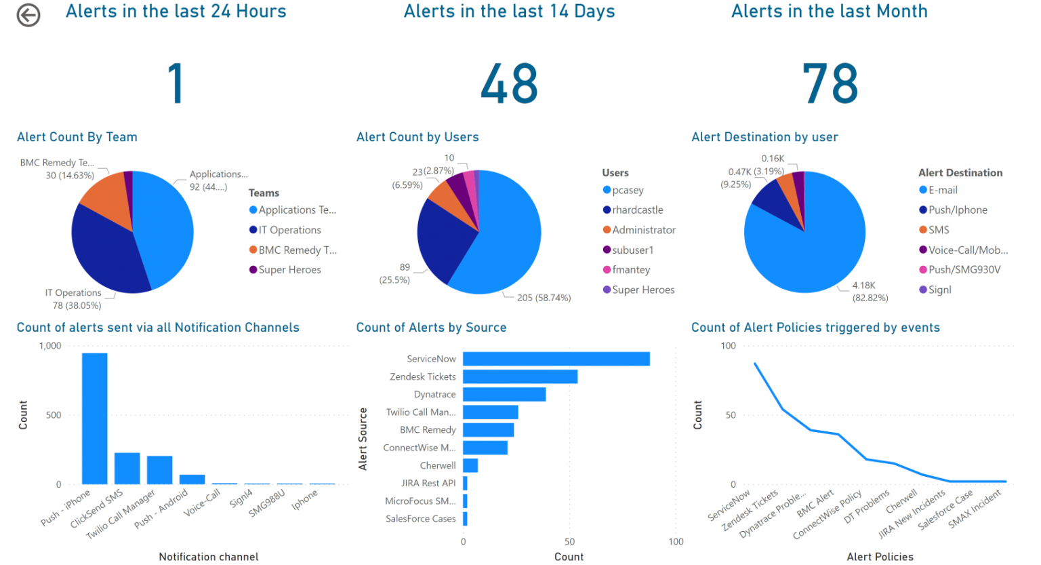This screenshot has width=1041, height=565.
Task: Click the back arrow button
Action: (x=28, y=15)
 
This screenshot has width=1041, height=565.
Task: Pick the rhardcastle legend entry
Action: (x=637, y=210)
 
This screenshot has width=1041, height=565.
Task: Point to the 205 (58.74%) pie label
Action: (x=544, y=298)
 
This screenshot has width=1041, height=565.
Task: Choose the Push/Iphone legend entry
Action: (x=957, y=210)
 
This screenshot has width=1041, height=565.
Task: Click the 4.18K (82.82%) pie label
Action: (x=870, y=292)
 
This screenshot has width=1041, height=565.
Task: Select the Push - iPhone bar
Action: (x=95, y=418)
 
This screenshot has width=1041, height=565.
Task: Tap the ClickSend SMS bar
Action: (x=127, y=468)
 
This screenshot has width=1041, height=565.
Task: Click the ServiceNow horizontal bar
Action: (x=556, y=359)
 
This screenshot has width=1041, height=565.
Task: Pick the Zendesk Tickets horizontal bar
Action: (x=520, y=376)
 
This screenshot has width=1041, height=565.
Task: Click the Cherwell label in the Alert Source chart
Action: (x=437, y=465)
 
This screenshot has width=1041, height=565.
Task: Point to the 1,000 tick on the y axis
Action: (x=50, y=346)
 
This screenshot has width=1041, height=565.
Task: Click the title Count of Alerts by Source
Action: (x=431, y=328)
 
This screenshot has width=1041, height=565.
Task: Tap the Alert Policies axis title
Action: (x=880, y=557)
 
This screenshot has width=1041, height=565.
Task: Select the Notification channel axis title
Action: (x=209, y=557)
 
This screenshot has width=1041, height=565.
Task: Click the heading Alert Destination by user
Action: (x=764, y=137)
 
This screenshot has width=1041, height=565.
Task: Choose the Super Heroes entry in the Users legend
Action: (x=642, y=290)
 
